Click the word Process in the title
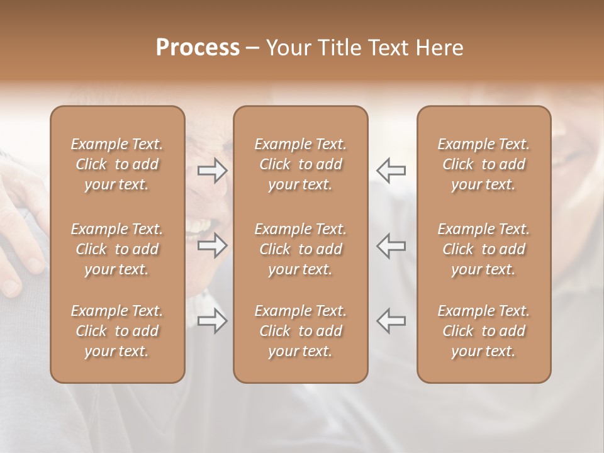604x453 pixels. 198,48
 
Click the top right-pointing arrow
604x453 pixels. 212,171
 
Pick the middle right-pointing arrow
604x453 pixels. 212,245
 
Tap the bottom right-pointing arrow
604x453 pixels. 212,321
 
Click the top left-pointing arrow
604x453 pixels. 391,171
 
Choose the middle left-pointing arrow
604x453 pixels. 391,245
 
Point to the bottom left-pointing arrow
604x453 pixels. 391,321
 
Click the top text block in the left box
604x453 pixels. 117,164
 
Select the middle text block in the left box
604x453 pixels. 117,249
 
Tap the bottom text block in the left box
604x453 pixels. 117,331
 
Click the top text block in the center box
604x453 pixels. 301,164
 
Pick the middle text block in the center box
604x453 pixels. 301,249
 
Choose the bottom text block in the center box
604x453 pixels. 301,331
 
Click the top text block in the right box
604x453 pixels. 484,164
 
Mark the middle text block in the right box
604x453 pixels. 484,249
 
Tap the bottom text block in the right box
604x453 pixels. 484,331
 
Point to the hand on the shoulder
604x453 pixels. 19,226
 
